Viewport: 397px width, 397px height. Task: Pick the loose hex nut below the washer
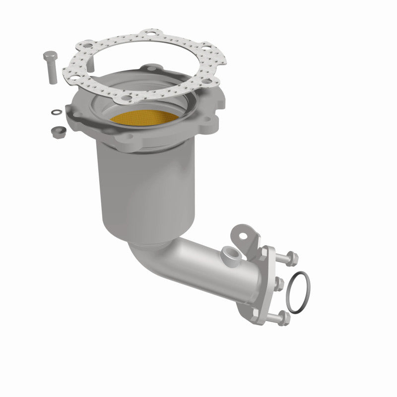(x=56, y=131)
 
